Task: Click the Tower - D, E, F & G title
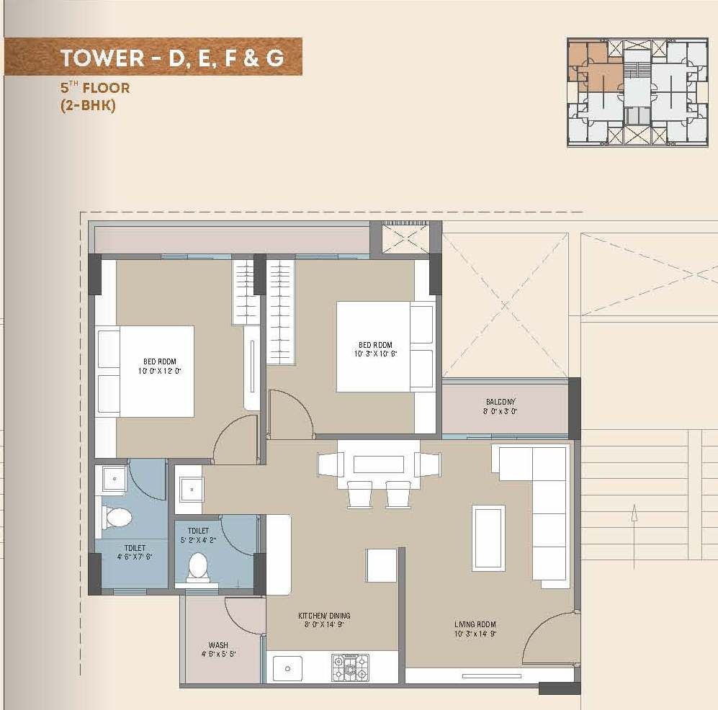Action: click(171, 58)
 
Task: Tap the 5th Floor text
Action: click(95, 89)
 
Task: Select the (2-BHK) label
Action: click(88, 105)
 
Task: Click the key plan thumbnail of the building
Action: click(637, 92)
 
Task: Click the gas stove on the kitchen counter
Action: click(350, 668)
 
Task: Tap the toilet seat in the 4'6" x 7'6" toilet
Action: click(118, 516)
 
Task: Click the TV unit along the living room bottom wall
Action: click(491, 675)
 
